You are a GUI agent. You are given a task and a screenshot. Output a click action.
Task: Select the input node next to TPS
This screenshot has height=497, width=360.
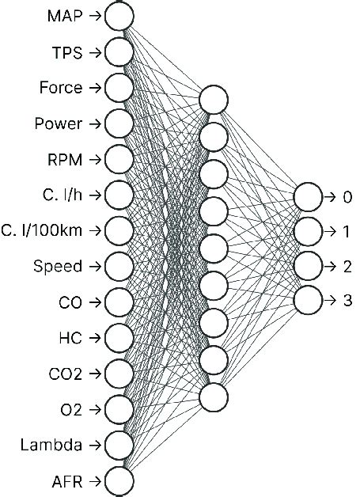point(119,52)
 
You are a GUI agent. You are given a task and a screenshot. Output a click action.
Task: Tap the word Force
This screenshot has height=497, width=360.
point(60,88)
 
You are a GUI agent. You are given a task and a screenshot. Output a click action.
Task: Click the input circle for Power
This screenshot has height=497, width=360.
point(119,123)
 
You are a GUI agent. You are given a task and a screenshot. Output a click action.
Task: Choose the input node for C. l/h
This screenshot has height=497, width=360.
point(119,195)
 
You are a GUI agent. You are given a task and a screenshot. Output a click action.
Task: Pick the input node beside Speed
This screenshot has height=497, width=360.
point(119,266)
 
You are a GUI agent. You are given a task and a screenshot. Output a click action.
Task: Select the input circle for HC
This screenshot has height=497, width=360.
point(119,337)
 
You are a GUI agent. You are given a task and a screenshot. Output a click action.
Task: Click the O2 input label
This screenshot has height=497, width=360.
point(71,409)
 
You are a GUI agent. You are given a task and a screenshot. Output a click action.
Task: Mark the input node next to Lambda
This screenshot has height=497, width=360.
point(119,444)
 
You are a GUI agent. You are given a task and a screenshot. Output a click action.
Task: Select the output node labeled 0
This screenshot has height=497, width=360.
point(308,195)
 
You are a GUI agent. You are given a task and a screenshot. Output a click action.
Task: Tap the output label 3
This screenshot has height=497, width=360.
point(347,302)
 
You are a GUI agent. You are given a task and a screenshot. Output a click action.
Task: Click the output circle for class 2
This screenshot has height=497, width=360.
point(308,266)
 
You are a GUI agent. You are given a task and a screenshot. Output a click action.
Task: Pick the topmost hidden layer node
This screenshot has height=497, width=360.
point(214,100)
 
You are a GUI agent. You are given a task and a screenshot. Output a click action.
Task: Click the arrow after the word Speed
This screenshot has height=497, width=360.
point(94,266)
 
